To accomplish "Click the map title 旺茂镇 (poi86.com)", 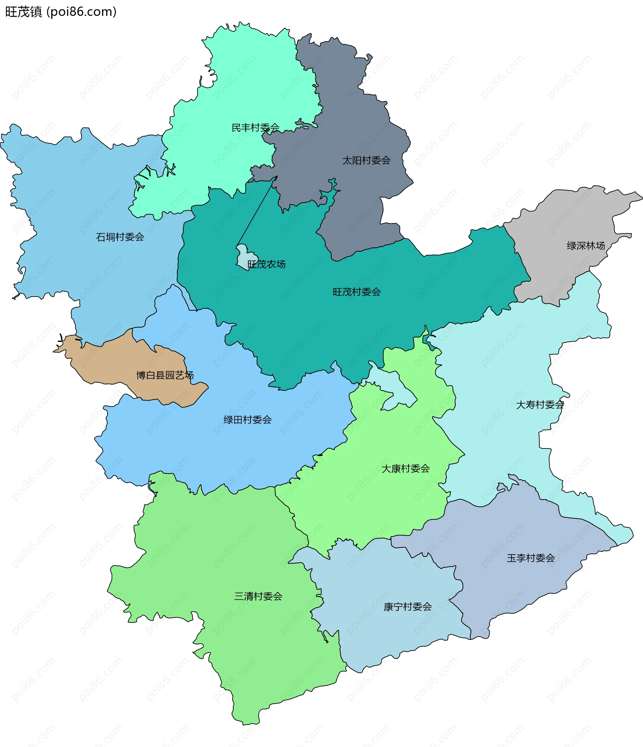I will click(x=61, y=12).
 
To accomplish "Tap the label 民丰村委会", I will click(x=255, y=128).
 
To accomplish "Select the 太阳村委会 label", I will click(x=366, y=160).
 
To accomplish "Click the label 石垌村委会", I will click(x=120, y=237).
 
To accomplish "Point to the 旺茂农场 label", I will click(x=266, y=265).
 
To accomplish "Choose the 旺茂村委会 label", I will click(x=357, y=292).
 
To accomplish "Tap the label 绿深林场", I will click(x=586, y=246).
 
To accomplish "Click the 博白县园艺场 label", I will click(x=165, y=375).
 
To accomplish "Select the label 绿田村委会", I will click(x=247, y=420).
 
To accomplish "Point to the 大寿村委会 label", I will click(x=540, y=405).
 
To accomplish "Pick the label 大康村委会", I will click(x=406, y=469).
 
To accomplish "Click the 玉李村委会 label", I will click(x=530, y=558).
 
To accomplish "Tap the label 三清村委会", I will click(x=258, y=596).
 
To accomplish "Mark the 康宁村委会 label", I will click(x=407, y=607).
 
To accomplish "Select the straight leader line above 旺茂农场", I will click(x=257, y=211).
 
